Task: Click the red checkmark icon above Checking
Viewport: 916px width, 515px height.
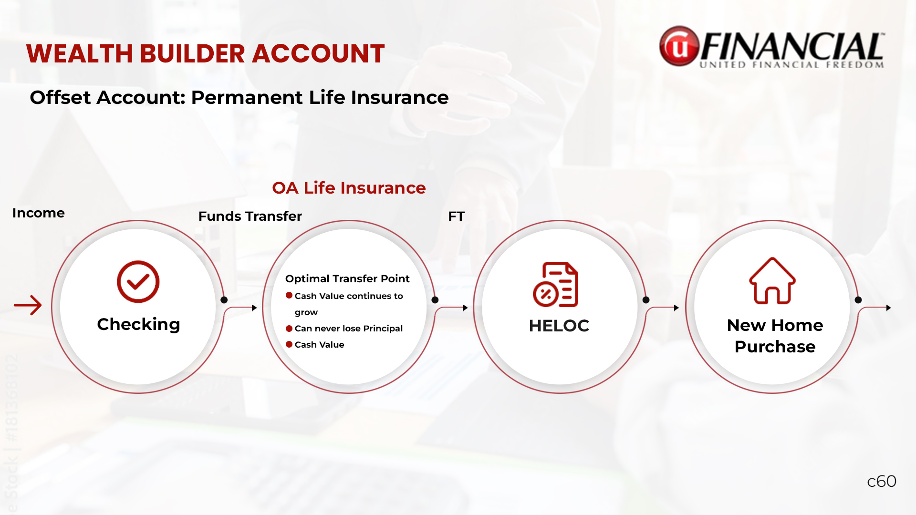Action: click(x=138, y=281)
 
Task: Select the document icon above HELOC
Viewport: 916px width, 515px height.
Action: click(x=555, y=284)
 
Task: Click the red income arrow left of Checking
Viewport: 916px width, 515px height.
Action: click(x=28, y=305)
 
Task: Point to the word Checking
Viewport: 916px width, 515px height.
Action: click(x=138, y=324)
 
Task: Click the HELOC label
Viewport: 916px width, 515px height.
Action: click(x=559, y=326)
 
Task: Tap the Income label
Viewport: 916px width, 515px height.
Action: click(x=38, y=213)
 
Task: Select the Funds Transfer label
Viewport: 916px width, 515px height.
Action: click(x=250, y=216)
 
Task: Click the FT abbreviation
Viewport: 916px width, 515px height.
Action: click(x=456, y=216)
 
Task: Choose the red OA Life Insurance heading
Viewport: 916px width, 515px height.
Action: click(x=349, y=188)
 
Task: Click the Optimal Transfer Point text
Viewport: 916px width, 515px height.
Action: click(x=347, y=278)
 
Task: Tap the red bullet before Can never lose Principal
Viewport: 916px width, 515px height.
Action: click(x=289, y=328)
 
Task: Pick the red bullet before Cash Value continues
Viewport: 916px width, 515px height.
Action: click(x=289, y=295)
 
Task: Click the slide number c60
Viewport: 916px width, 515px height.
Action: click(x=882, y=481)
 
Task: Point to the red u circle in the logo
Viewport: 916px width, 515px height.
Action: click(x=679, y=46)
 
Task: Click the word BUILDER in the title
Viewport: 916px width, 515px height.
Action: click(x=193, y=53)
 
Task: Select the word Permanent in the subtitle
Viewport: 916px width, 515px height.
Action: click(x=247, y=97)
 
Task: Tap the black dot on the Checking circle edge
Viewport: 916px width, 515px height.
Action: click(x=224, y=300)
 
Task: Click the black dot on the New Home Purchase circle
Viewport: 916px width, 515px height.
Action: click(x=858, y=300)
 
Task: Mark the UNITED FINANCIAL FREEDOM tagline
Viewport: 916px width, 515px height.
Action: click(x=792, y=65)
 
